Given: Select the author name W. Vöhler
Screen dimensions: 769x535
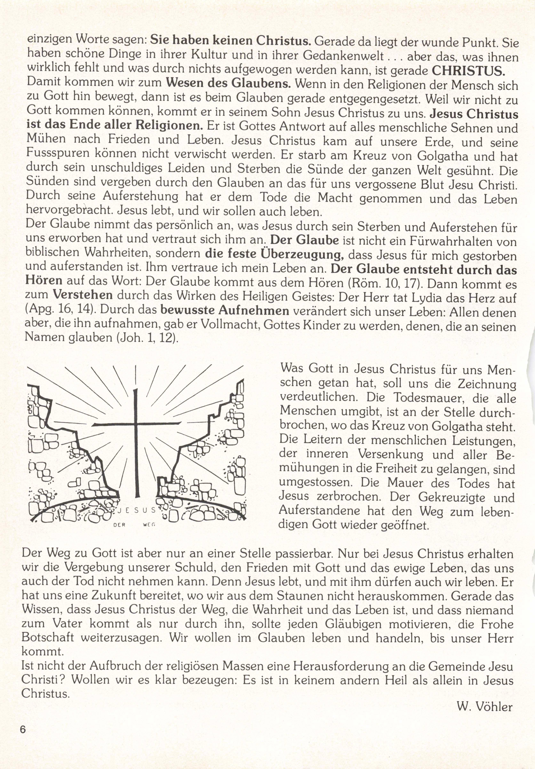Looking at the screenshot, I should click(x=484, y=707).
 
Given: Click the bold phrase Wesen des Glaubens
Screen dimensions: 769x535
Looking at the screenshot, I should click(x=228, y=83).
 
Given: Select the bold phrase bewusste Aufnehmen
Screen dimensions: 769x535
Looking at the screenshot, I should click(x=225, y=310).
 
